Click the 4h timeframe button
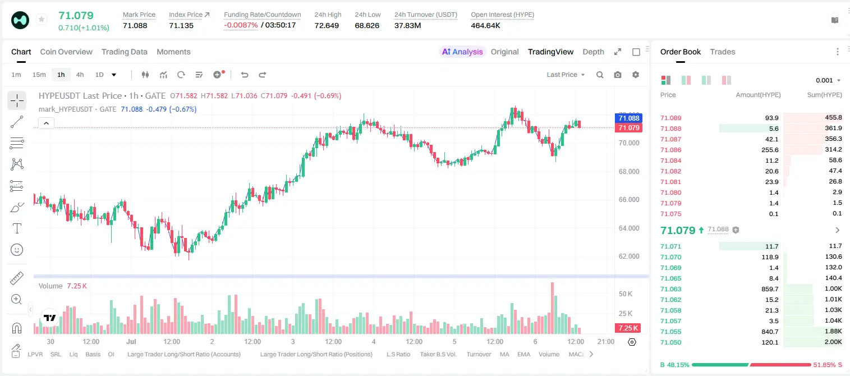click(x=80, y=75)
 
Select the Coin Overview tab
click(x=66, y=52)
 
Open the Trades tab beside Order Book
click(x=723, y=52)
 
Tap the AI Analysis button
click(x=462, y=52)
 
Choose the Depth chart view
click(x=593, y=52)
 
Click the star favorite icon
click(x=42, y=19)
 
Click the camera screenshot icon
click(x=618, y=75)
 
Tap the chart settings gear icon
click(x=636, y=75)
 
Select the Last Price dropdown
click(x=566, y=75)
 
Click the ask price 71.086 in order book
click(x=671, y=150)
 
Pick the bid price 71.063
click(x=671, y=289)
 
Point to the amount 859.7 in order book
click(x=770, y=289)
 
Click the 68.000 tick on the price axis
click(x=629, y=172)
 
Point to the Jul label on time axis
click(x=131, y=341)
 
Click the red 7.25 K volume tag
click(x=628, y=328)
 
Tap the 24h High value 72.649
click(x=327, y=25)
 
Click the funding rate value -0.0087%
click(x=241, y=25)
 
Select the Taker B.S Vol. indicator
click(x=438, y=354)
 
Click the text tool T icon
click(x=17, y=228)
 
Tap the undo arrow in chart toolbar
click(x=245, y=75)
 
